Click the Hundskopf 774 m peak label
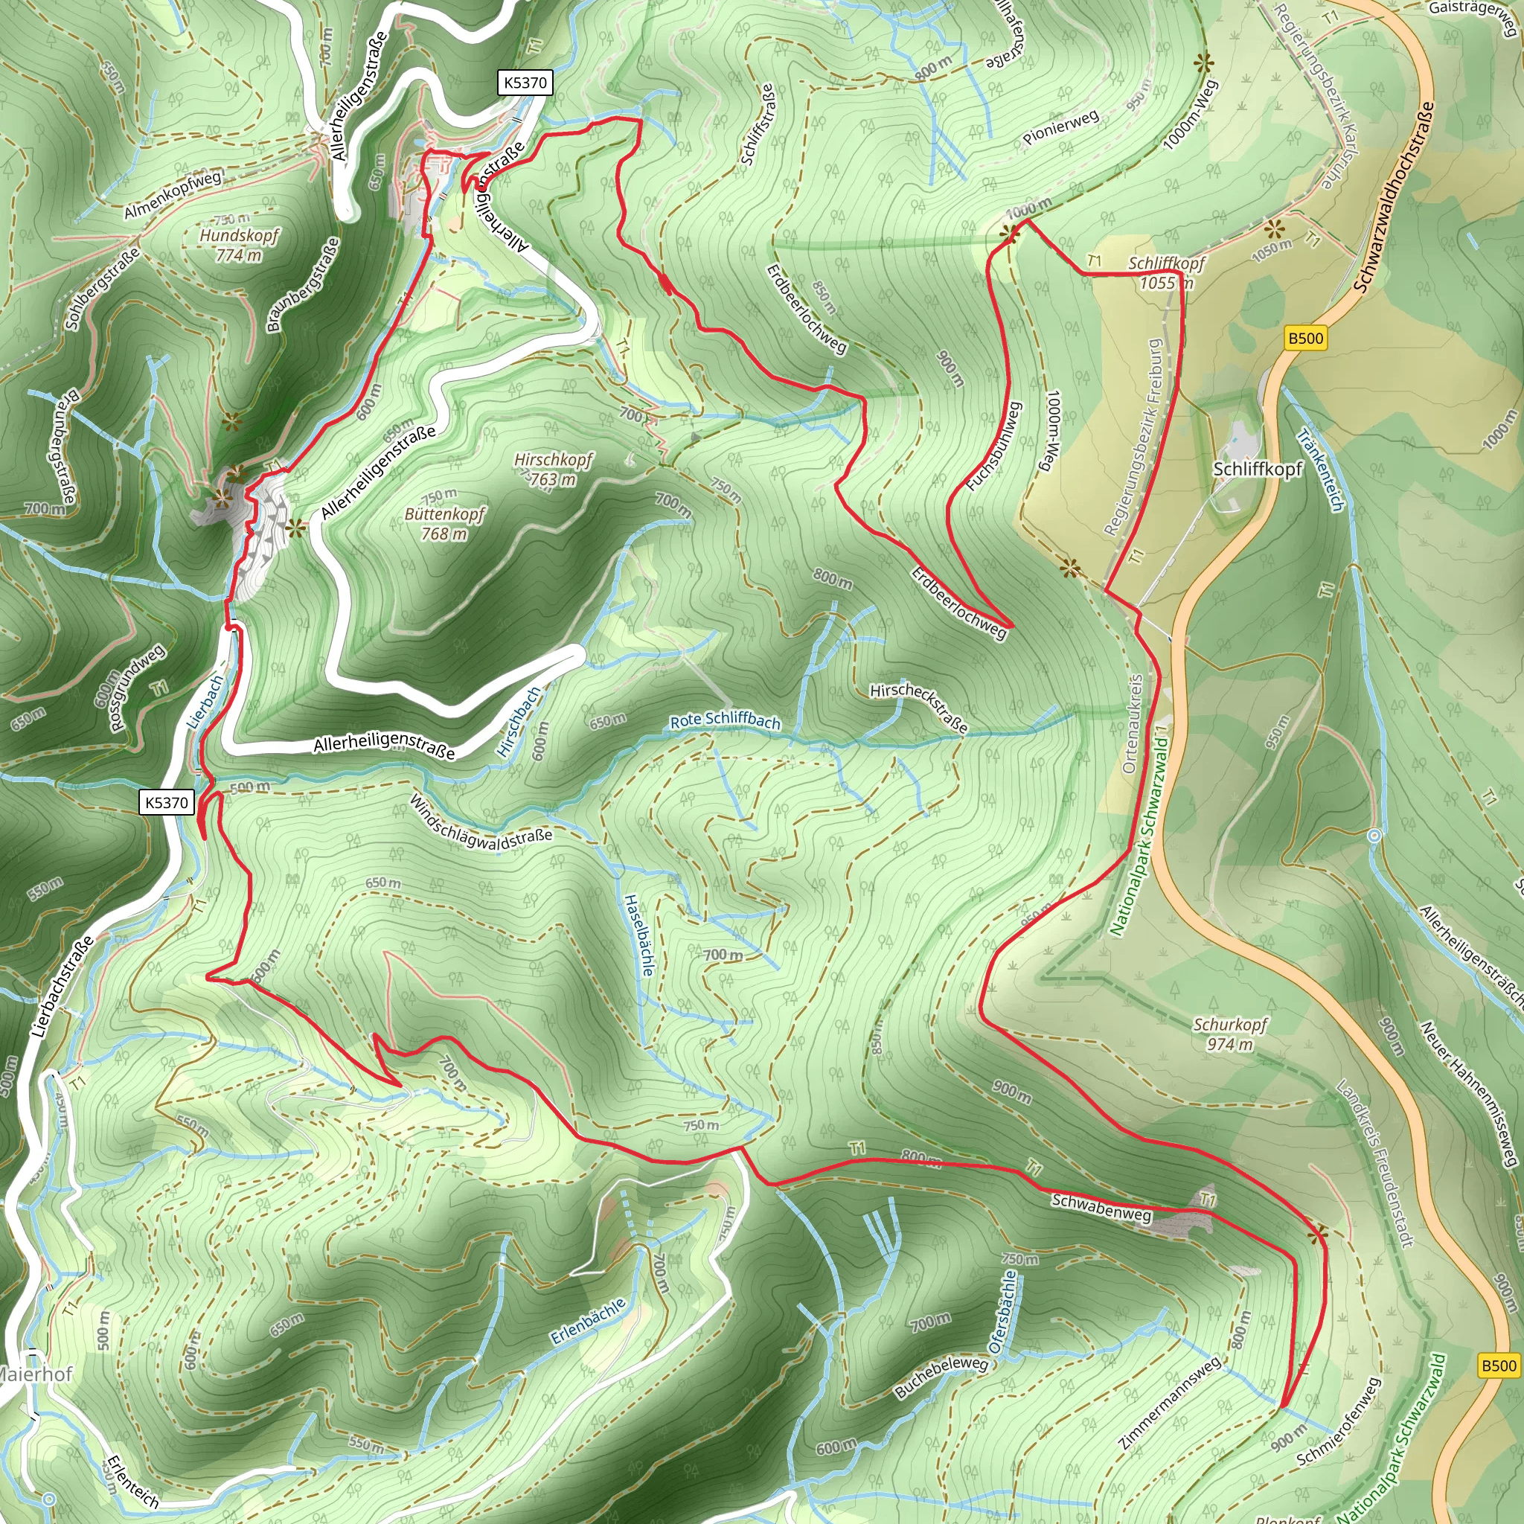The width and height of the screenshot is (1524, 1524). point(239,245)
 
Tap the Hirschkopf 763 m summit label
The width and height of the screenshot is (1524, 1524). point(553,470)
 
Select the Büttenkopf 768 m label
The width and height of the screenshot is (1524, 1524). point(445,524)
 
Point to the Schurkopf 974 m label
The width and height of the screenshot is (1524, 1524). point(1230,1034)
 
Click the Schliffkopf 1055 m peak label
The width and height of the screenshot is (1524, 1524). point(1167,272)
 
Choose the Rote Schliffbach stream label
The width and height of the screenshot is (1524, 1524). point(725,720)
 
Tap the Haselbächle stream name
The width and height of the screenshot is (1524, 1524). point(638,935)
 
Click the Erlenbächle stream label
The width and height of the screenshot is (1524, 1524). point(589,1322)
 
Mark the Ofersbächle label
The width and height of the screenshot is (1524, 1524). point(1002,1312)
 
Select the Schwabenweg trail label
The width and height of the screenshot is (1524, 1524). point(1101,1208)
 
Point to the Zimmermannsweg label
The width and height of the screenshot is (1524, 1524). point(1171,1402)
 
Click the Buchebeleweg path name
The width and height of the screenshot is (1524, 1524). point(941,1377)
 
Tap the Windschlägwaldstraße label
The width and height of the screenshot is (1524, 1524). point(481,822)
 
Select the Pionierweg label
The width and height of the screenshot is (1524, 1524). point(1061,128)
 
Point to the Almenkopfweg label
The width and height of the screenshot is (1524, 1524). point(173,194)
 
